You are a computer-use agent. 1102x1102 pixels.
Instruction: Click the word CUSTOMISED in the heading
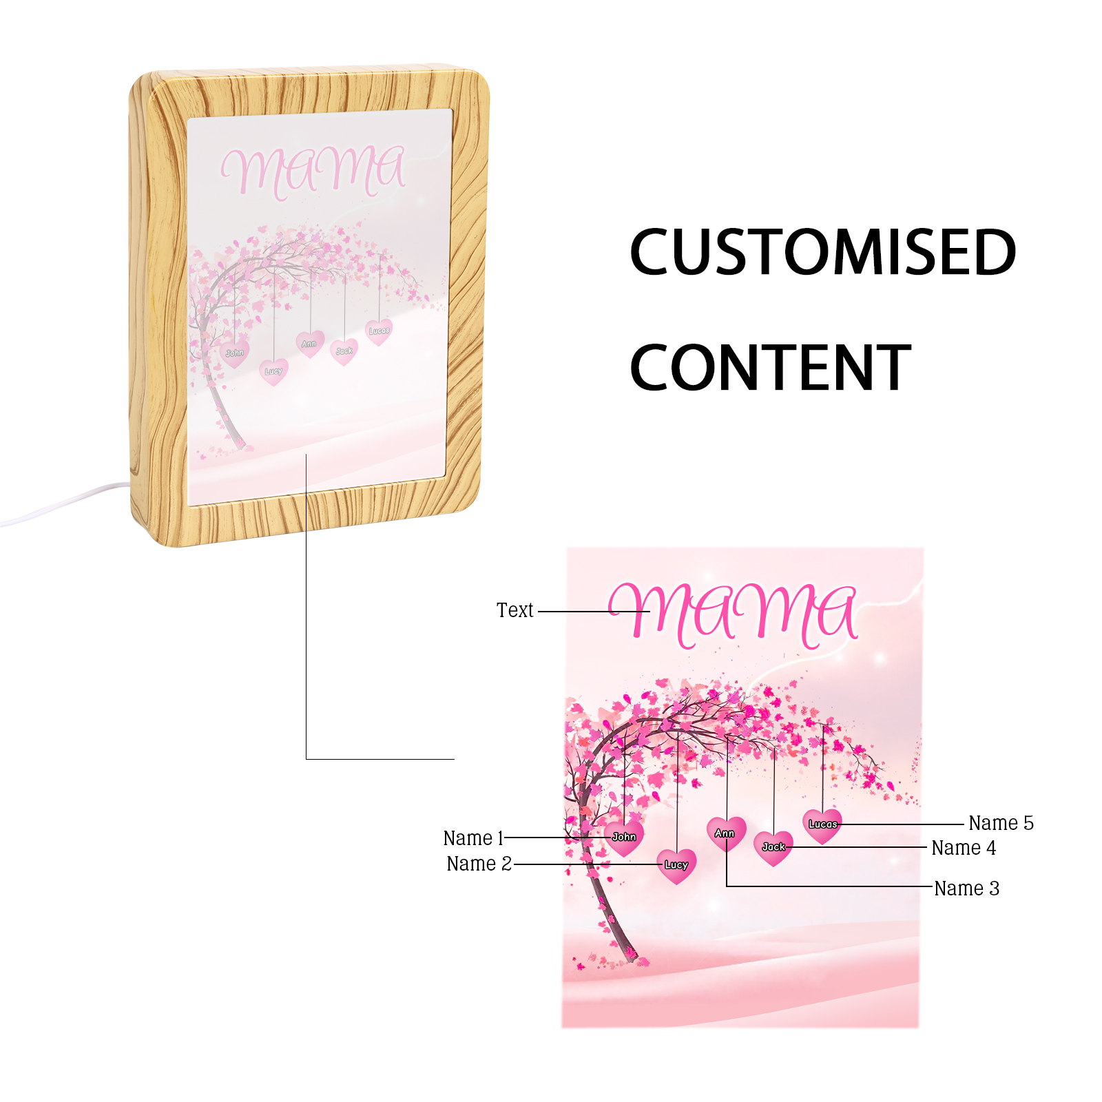pos(822,252)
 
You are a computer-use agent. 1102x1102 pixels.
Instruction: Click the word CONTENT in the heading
pos(770,368)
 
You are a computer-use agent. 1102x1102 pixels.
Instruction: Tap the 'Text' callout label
pos(514,610)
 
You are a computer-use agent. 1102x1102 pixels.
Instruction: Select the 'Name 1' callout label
pos(473,838)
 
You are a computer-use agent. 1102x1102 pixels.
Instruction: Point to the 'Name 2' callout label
pos(479,864)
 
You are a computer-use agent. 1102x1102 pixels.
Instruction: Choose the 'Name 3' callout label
pos(966,888)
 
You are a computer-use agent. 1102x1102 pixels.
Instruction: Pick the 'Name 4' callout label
pos(964,848)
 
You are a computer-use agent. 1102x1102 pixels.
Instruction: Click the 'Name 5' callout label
pos(1001,823)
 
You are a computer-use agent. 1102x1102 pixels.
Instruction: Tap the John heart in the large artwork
pos(624,837)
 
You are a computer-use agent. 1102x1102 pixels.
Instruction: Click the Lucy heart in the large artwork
pos(676,865)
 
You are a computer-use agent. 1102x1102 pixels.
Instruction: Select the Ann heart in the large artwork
pos(725,833)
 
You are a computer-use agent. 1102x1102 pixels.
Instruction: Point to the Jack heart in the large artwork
pos(773,847)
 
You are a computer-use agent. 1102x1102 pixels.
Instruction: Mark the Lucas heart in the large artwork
pos(822,824)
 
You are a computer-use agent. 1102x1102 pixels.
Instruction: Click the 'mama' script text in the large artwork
pos(734,613)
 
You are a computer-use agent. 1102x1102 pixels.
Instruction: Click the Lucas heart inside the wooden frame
pos(379,331)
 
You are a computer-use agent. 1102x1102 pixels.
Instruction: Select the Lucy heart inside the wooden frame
pos(273,371)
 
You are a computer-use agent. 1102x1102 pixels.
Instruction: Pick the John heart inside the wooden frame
pos(235,353)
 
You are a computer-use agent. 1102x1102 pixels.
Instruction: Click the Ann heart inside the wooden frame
pos(309,344)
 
